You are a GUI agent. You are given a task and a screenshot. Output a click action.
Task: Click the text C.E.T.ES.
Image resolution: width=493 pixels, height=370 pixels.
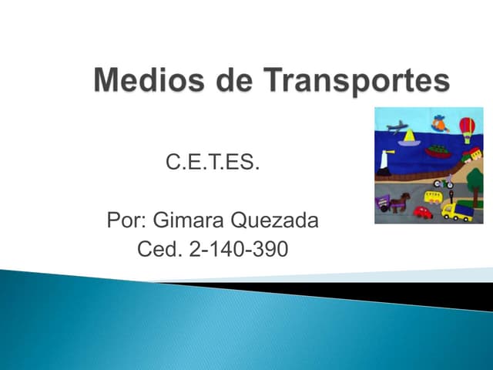213,164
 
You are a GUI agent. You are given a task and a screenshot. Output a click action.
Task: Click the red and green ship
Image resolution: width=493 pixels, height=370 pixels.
438,151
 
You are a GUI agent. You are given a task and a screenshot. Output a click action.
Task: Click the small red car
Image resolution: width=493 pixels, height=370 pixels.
423,212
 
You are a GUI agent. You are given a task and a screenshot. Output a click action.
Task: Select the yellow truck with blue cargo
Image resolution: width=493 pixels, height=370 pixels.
458,210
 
